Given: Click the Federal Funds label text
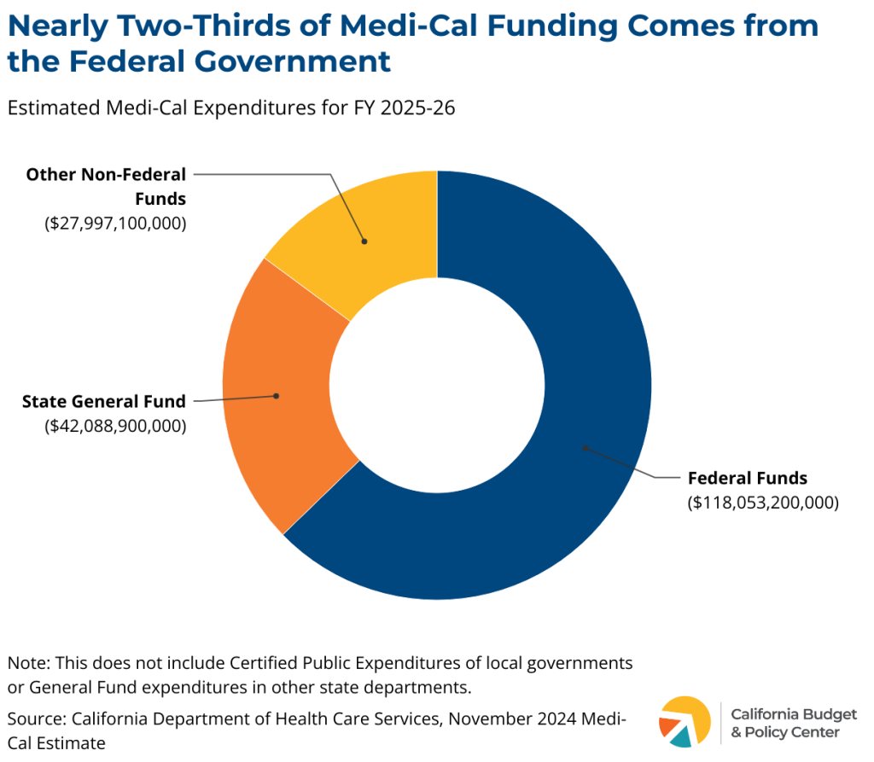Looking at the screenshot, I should click(x=747, y=478).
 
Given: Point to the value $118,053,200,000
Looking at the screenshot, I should click(x=763, y=503).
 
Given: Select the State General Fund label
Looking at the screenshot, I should click(x=104, y=400).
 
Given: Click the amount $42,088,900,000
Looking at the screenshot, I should click(x=115, y=425).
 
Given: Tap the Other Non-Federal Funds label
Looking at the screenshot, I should click(x=106, y=186).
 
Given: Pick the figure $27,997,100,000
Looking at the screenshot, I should click(x=115, y=224).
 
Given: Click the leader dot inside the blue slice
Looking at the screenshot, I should click(x=585, y=446).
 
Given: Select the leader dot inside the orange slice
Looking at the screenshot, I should click(x=276, y=396).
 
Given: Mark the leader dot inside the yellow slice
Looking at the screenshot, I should click(x=364, y=241).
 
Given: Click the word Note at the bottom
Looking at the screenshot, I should click(x=26, y=663).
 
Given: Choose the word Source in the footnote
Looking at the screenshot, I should click(x=32, y=718).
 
